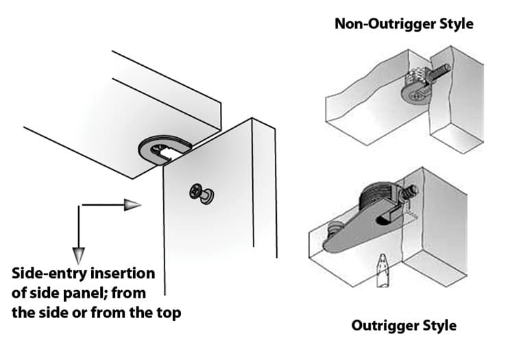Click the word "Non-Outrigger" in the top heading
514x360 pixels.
[385, 24]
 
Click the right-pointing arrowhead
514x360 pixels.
[133, 205]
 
